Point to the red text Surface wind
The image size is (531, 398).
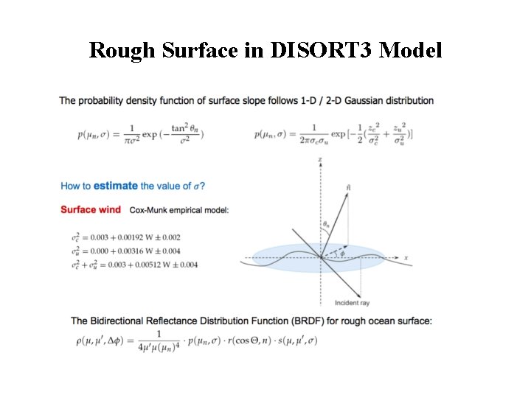click(91, 210)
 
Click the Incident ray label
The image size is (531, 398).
click(352, 303)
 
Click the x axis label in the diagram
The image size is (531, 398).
click(406, 258)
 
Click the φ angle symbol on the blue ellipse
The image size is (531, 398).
click(341, 253)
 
